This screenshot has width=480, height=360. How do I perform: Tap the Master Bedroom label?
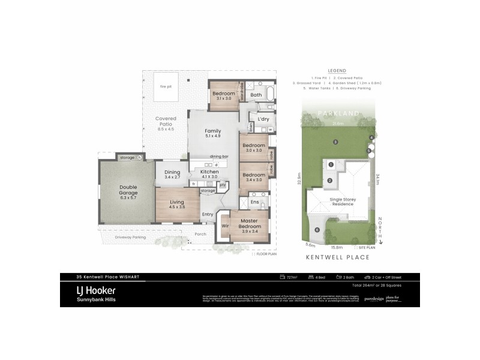pos(250,224)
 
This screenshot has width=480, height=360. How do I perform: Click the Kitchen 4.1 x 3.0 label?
pos(210,175)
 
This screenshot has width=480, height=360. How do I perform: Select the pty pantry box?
pos(221,185)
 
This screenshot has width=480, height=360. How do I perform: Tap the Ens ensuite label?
pos(254,203)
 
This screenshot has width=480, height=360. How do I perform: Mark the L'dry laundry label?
pos(262,120)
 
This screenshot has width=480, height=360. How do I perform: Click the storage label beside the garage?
pos(127,157)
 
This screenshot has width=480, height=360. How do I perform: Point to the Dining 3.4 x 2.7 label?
pos(172,175)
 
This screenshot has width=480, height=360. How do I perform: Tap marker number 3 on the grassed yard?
pos(335,142)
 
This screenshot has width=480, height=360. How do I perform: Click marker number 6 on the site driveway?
pos(317,230)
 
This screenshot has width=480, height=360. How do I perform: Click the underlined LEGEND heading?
pos(337,70)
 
